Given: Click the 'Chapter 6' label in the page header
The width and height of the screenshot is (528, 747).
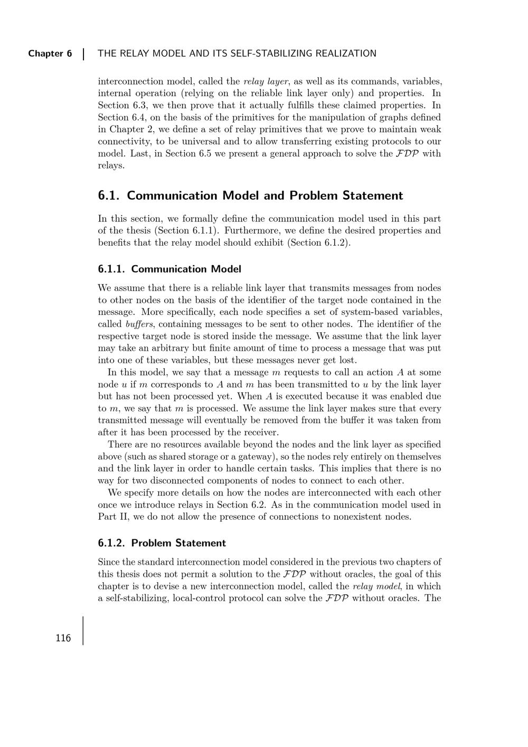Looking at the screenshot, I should coord(50,53).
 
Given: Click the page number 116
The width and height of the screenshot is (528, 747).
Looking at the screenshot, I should coord(63,638).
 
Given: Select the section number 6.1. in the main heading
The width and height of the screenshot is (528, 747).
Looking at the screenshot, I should coord(109,195).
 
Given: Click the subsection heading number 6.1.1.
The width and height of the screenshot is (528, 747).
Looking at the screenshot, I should coord(111,269).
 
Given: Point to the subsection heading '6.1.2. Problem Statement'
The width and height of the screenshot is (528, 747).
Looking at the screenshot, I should coord(162,543).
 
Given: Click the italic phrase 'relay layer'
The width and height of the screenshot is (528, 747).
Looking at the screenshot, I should coord(266,81).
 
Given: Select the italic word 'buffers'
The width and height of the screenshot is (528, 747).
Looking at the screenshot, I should coord(139,324).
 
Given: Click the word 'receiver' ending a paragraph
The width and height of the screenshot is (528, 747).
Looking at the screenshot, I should coord(260,433).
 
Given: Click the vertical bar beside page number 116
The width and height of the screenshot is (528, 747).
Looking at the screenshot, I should coord(83,630).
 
